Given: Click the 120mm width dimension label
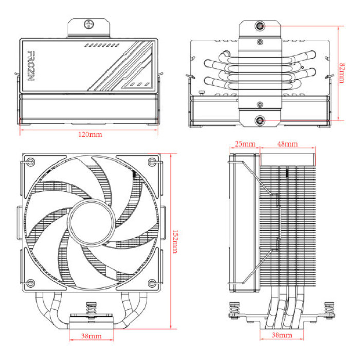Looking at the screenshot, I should pos(89,135).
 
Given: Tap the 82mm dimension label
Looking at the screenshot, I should pos(343,73).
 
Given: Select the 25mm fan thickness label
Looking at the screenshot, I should pos(245,144).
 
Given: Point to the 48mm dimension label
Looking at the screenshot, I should pos(286,144).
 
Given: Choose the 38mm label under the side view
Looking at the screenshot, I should pos(281,335).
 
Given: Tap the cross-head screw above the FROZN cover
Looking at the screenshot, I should pos(91,24).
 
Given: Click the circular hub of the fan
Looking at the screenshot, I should pos(91,222).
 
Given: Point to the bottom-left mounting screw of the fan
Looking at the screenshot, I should pos(30,282).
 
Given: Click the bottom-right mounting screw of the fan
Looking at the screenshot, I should pos(151,282).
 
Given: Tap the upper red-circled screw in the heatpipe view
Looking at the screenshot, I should pos(261,26).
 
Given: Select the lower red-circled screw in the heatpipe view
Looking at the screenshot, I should pos(261,121).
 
